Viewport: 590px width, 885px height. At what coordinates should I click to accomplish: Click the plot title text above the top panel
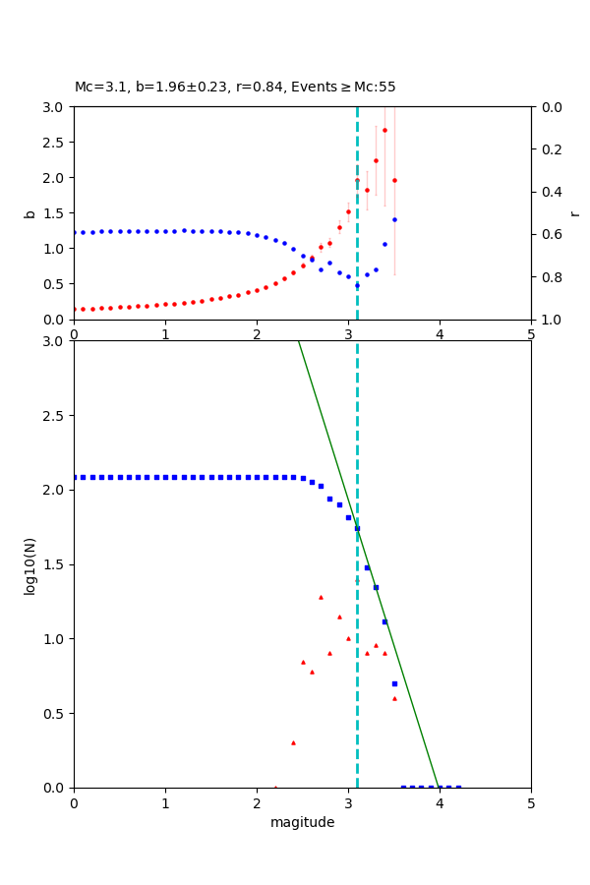[x=235, y=88]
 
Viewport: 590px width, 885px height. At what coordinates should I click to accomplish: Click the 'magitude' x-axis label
[x=302, y=822]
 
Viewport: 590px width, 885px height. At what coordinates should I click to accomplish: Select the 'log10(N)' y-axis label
[x=29, y=564]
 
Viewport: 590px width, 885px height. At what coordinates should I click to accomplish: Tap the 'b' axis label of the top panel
[x=29, y=213]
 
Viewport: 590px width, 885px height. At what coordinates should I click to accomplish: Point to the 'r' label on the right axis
[x=575, y=213]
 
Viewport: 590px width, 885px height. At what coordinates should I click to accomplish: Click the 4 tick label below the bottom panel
[x=440, y=803]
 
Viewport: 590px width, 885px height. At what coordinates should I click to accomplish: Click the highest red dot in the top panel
[x=384, y=130]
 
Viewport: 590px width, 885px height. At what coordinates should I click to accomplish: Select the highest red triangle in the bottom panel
[x=321, y=597]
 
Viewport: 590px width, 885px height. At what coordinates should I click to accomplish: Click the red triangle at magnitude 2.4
[x=293, y=742]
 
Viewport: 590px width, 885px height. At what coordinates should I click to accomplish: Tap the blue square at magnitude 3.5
[x=394, y=683]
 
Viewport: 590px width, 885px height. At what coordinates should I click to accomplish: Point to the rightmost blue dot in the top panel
[x=394, y=219]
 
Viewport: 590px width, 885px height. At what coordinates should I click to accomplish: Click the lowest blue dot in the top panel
[x=357, y=285]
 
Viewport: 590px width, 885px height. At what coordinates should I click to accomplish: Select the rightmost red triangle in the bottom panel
[x=394, y=698]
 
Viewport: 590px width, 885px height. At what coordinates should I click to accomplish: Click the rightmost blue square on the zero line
[x=458, y=787]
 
